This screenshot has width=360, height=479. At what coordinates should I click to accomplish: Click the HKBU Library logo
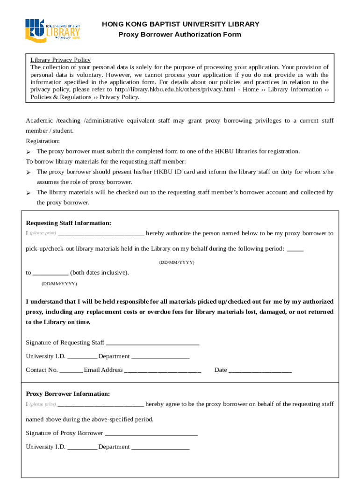click(53, 30)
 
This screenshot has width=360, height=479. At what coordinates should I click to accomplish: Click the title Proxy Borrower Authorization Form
click(180, 35)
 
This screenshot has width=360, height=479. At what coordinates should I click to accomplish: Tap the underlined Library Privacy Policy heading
click(61, 60)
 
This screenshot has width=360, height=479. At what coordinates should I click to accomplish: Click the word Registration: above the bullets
click(43, 141)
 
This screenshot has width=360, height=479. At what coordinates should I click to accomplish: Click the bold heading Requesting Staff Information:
click(68, 223)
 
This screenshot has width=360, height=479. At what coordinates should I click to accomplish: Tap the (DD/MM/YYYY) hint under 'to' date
click(59, 283)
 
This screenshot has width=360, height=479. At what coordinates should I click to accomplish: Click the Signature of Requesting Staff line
click(153, 343)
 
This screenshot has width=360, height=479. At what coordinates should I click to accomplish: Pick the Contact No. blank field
click(71, 370)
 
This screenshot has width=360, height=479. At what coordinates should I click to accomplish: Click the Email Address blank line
click(163, 370)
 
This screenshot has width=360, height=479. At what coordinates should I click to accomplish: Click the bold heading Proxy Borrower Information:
click(68, 394)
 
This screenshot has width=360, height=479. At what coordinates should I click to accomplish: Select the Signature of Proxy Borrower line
click(151, 434)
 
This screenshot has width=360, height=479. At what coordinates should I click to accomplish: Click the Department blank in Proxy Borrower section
click(160, 447)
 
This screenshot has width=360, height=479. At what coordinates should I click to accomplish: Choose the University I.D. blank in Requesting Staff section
click(82, 357)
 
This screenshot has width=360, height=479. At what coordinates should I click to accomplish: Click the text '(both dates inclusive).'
click(100, 273)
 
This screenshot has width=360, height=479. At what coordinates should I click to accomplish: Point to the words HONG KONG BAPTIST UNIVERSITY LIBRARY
click(180, 24)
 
